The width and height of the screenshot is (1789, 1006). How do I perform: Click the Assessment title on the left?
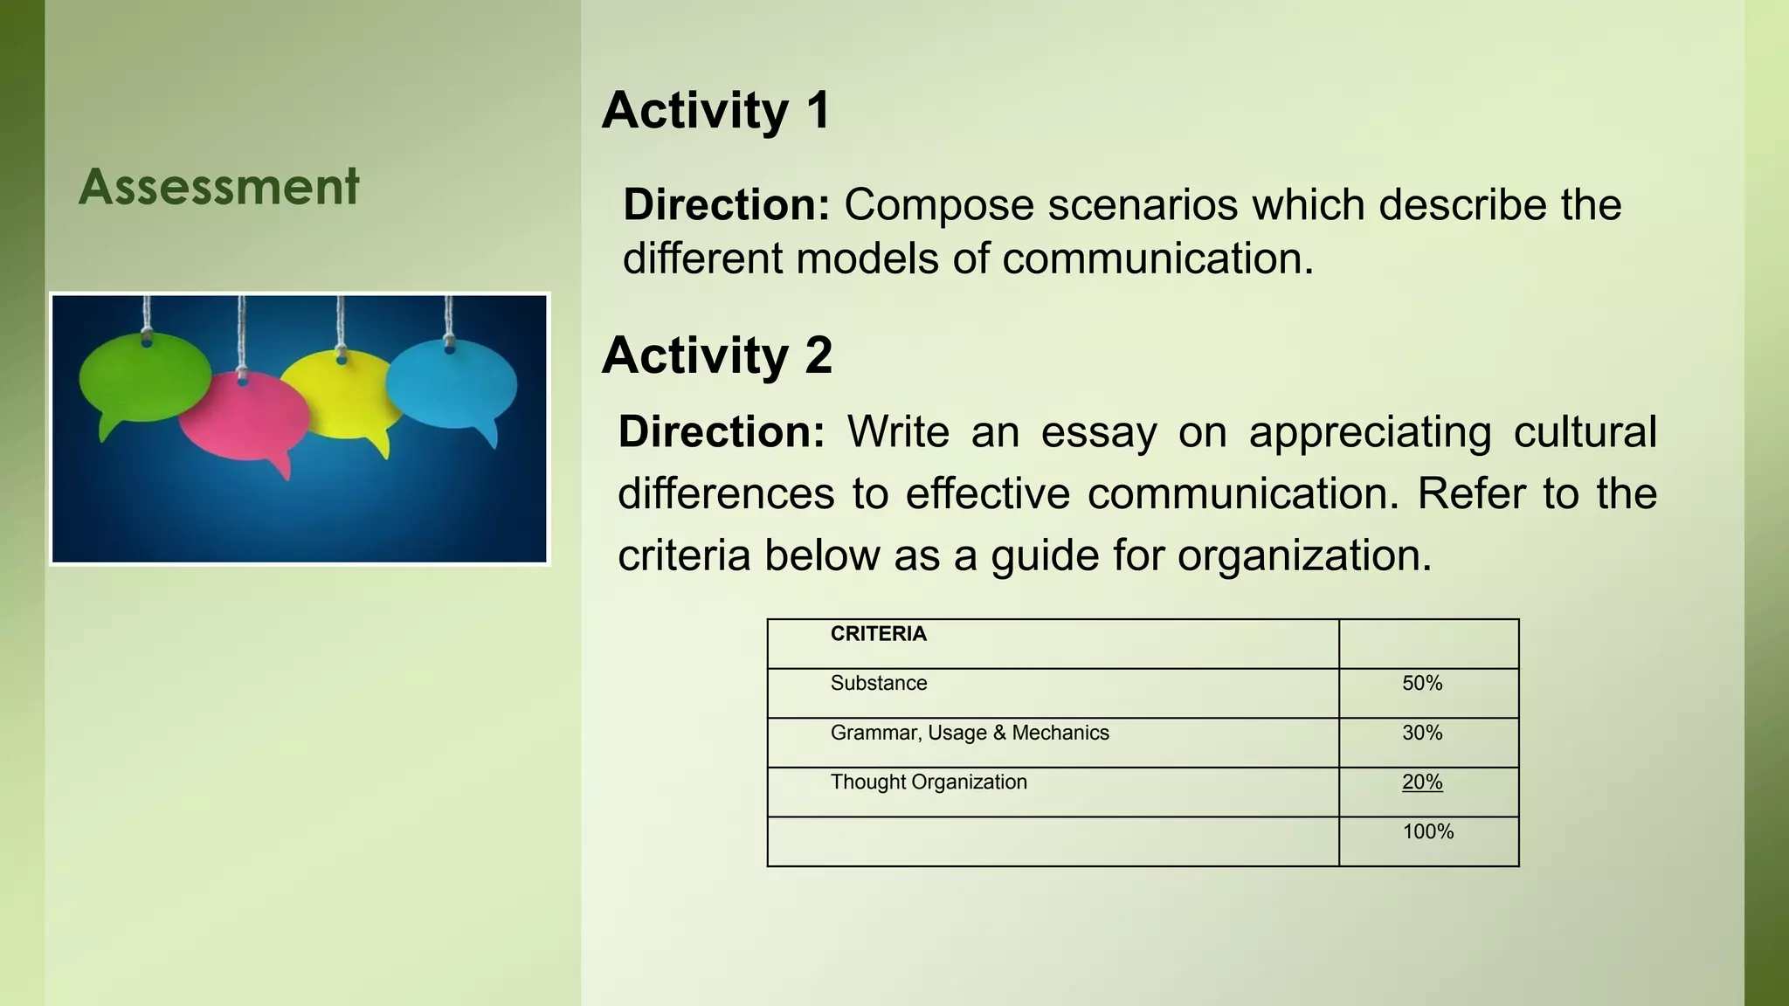(x=218, y=186)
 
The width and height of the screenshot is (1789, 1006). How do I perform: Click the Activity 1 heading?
(x=715, y=111)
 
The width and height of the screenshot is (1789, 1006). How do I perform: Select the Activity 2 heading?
(x=716, y=355)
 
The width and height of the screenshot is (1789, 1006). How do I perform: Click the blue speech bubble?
(x=452, y=385)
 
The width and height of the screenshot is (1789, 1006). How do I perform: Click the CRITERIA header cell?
(x=878, y=634)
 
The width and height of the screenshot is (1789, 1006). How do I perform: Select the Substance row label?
(x=878, y=683)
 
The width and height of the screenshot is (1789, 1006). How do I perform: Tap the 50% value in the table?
(x=1422, y=683)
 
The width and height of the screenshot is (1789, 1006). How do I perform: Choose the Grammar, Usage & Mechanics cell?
(x=969, y=733)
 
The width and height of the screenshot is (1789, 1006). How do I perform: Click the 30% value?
(x=1422, y=733)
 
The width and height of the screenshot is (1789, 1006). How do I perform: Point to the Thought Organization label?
(x=928, y=782)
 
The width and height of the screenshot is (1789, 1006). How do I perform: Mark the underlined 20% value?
(x=1422, y=782)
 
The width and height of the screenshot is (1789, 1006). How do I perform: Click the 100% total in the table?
(x=1427, y=831)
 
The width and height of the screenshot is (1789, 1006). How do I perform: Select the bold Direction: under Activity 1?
(x=726, y=205)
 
